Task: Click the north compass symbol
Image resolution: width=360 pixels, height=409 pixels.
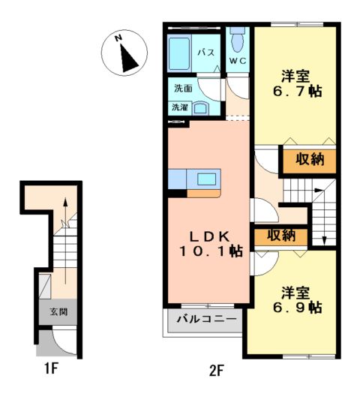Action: click(123, 53)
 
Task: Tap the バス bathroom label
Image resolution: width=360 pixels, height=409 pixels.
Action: click(206, 53)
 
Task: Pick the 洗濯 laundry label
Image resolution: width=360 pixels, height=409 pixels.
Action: click(181, 107)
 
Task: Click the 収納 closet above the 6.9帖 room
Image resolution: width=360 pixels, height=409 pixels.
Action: click(280, 236)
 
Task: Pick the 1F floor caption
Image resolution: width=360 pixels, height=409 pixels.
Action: click(50, 368)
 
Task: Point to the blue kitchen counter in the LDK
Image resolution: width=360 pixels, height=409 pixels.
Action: click(193, 181)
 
